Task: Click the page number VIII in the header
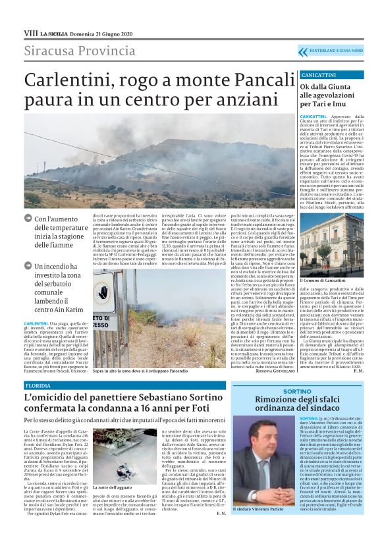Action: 30,32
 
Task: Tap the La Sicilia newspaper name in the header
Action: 53,33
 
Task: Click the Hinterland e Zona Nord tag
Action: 335,51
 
